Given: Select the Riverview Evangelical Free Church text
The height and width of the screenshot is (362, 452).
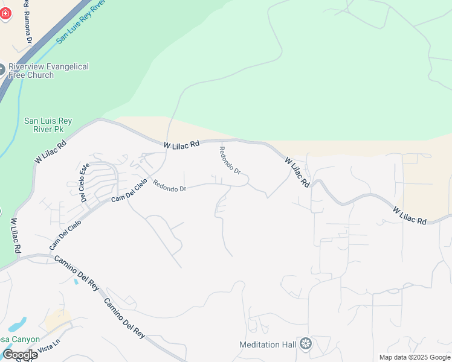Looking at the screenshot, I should (x=48, y=71).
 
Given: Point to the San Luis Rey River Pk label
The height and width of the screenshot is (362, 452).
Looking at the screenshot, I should (x=48, y=125).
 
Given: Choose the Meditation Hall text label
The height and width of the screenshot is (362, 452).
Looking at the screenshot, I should (x=268, y=345).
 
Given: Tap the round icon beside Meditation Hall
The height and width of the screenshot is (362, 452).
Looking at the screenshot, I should (x=306, y=344).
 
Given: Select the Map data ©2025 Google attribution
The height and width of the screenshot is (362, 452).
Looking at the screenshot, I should (x=415, y=357).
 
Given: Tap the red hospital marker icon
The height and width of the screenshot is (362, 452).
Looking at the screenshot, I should (x=5, y=13).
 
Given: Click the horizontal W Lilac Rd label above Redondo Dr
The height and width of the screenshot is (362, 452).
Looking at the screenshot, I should (x=181, y=145).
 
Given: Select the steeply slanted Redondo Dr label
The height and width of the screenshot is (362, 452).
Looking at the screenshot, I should (x=230, y=160).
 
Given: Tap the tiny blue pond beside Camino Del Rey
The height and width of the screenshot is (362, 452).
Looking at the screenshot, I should (x=75, y=281).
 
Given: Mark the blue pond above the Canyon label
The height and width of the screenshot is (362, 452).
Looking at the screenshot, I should (x=18, y=324).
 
